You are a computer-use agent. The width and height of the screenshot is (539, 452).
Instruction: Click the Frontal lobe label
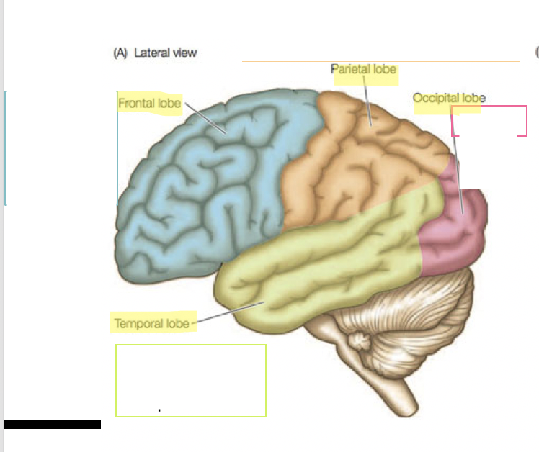tap(149, 103)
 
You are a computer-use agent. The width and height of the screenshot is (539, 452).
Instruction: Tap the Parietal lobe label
tap(364, 71)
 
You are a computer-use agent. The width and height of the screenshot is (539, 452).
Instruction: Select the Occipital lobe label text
tap(448, 98)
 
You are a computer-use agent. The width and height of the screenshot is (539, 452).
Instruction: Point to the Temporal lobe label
tap(151, 323)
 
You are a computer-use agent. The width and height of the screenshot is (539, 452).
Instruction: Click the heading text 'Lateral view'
tap(165, 53)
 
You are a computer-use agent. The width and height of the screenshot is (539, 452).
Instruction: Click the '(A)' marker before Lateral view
tap(121, 53)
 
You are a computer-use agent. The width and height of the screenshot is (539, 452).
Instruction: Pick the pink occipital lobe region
tap(454, 230)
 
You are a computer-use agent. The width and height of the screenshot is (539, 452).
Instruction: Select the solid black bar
tap(53, 425)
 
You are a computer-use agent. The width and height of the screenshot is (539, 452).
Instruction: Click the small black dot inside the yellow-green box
tap(159, 410)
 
